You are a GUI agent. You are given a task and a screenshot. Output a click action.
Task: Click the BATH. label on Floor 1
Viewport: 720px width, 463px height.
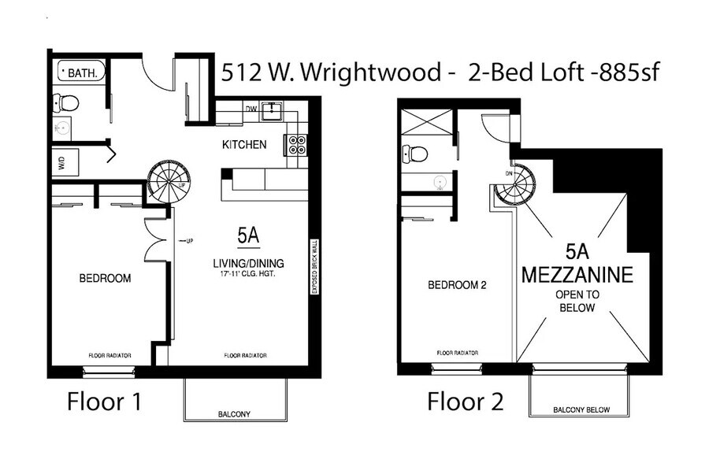[x=83, y=73]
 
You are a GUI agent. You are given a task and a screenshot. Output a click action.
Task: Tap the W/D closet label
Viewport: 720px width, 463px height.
[x=61, y=163]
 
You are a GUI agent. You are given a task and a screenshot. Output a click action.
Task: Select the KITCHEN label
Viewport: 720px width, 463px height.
[x=243, y=145]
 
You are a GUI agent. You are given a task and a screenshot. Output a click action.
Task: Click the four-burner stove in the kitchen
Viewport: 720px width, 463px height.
[x=296, y=144]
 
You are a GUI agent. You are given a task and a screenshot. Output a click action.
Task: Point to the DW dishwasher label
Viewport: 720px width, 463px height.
[x=251, y=109]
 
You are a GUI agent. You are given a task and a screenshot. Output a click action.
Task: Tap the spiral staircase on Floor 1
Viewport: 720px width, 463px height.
[x=169, y=183]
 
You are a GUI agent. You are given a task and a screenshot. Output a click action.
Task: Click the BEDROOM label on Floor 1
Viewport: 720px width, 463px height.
[x=104, y=278]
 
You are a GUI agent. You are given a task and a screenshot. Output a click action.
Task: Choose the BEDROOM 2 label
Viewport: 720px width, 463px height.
[x=457, y=286]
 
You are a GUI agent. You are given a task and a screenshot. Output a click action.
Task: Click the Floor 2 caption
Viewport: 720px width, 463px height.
[x=465, y=402]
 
